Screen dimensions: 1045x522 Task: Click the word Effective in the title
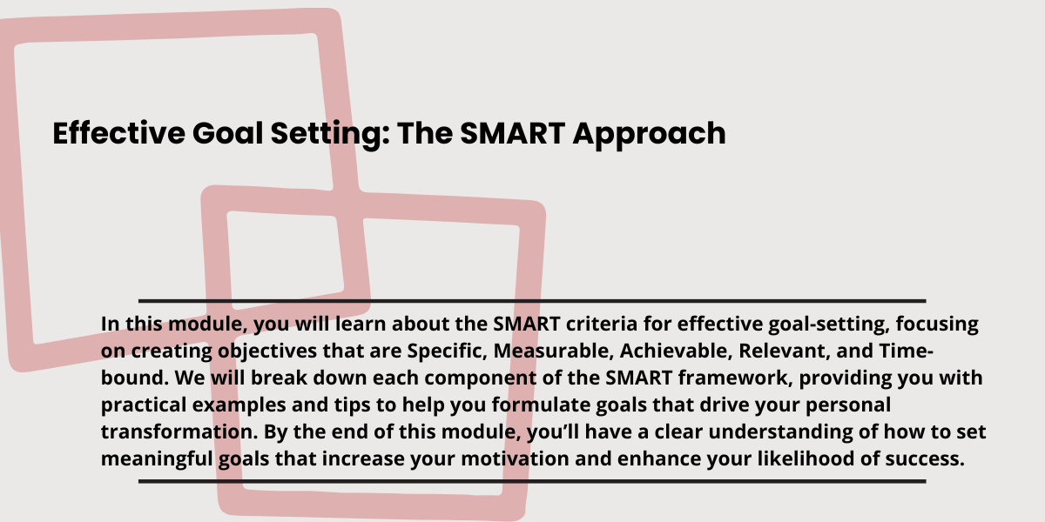119,133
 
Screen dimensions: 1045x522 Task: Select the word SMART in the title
513,133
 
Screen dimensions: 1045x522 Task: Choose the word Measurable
553,351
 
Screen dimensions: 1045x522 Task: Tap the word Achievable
676,351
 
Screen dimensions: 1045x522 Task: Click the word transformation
179,432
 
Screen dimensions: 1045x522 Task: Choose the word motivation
515,458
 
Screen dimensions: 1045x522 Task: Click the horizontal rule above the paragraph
532,301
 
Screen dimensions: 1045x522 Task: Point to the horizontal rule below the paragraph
532,481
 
